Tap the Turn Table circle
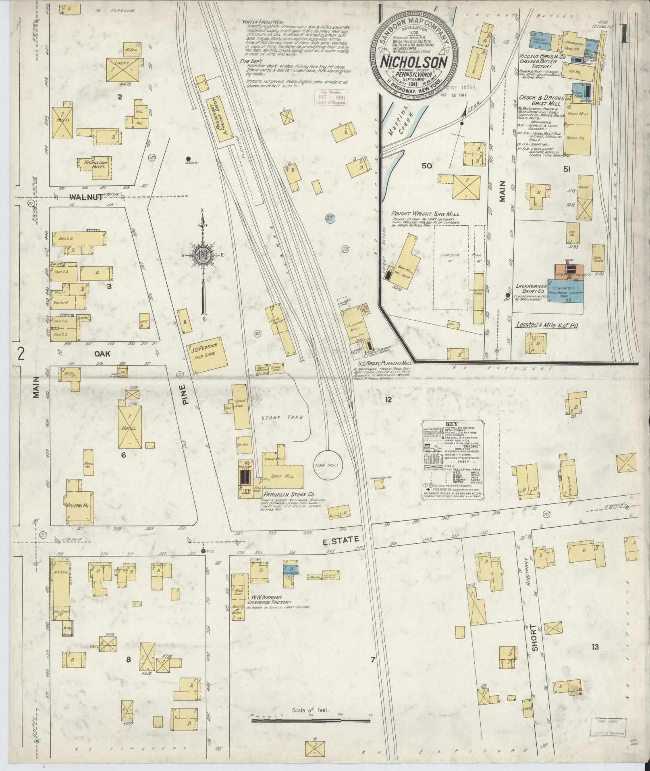328,464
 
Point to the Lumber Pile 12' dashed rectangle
451,267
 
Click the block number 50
427,166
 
